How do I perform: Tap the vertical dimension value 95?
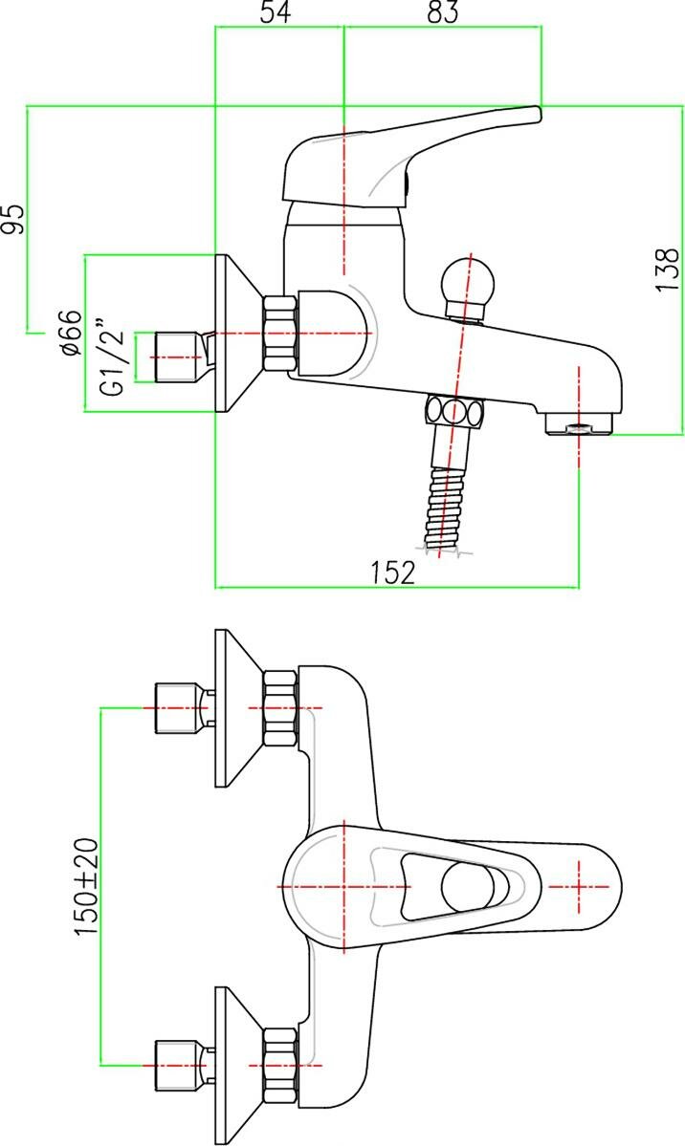[x=12, y=219]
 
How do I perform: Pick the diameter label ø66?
[x=69, y=334]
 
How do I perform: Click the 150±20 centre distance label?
[x=86, y=887]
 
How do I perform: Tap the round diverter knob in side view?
[x=468, y=284]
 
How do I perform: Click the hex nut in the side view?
[x=279, y=334]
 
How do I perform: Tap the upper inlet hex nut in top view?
[x=279, y=708]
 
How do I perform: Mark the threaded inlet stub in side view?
[x=174, y=357]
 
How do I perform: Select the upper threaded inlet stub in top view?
[x=176, y=708]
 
